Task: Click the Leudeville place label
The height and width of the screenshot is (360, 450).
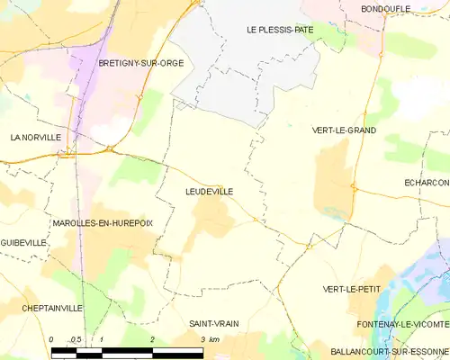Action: [x=211, y=192]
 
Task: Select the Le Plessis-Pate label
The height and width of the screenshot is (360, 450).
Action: [x=280, y=30]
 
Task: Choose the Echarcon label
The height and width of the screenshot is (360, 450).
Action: [x=426, y=183]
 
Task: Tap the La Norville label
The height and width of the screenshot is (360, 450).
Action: [x=35, y=138]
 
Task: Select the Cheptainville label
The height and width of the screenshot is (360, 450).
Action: [x=52, y=308]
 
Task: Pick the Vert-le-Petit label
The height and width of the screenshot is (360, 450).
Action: [x=351, y=289]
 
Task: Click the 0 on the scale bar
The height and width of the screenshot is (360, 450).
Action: [x=51, y=339]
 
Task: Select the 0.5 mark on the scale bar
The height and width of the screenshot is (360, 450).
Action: [x=76, y=339]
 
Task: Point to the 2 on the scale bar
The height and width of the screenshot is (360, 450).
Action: [x=153, y=339]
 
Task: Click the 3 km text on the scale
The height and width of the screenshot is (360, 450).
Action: [x=211, y=339]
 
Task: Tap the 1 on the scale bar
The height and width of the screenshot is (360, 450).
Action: [x=103, y=339]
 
